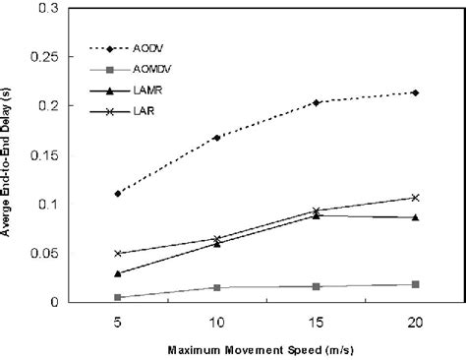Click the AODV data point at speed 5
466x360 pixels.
pyautogui.click(x=118, y=194)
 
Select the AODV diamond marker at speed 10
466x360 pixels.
pyautogui.click(x=216, y=138)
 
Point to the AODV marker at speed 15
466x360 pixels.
pyautogui.click(x=316, y=102)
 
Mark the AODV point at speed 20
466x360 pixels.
pyautogui.click(x=415, y=92)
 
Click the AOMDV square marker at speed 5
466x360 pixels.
pyautogui.click(x=118, y=297)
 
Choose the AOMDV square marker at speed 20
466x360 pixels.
pyautogui.click(x=415, y=284)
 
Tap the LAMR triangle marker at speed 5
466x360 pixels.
pyautogui.click(x=118, y=273)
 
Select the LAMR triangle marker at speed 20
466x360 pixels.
pyautogui.click(x=415, y=217)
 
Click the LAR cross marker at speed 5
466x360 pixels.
pyautogui.click(x=118, y=254)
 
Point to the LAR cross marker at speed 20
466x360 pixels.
pyautogui.click(x=415, y=198)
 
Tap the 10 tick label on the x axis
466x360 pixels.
pyautogui.click(x=216, y=321)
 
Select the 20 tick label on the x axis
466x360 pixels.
pyautogui.click(x=415, y=321)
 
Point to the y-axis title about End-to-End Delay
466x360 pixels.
pyautogui.click(x=9, y=154)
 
